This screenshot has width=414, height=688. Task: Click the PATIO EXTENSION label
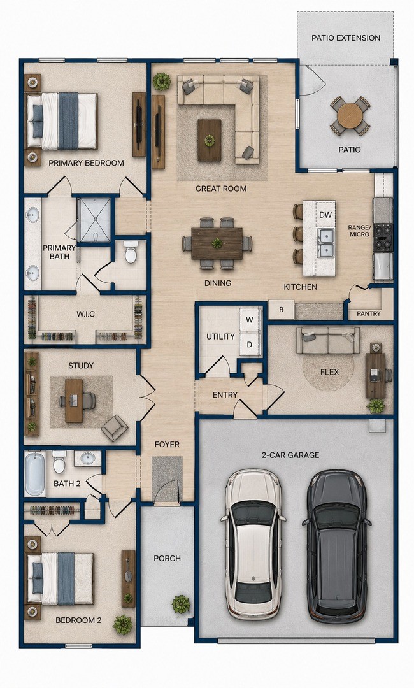point(346,38)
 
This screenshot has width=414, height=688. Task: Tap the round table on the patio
point(350,116)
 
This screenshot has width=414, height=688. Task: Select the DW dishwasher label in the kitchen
point(325,215)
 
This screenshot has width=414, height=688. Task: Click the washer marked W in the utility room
point(250,319)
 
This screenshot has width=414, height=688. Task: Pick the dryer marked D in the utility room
point(250,345)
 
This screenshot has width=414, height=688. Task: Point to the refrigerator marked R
point(281,310)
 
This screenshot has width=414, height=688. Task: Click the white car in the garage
point(254,543)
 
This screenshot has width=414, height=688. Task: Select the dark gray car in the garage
point(336,547)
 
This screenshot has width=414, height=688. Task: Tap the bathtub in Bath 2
point(35,475)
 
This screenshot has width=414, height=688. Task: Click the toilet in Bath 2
point(59,462)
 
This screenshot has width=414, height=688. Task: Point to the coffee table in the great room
point(209,140)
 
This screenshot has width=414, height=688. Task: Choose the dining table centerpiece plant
point(217,243)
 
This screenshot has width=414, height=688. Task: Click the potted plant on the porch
point(181,604)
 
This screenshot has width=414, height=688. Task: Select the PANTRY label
point(368,313)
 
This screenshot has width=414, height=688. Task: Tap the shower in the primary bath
point(94,220)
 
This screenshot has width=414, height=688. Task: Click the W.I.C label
point(85,314)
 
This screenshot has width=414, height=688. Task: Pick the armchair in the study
point(115,428)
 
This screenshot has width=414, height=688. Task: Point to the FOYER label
point(167,445)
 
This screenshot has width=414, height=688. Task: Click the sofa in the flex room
point(328,340)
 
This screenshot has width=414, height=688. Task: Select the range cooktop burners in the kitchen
point(382,238)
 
